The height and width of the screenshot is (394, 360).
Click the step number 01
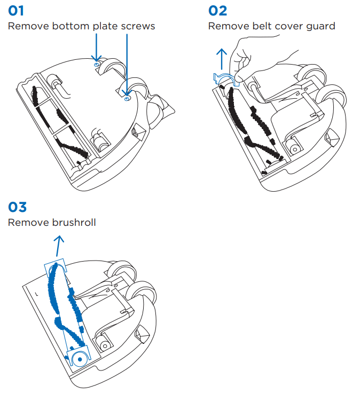pos(16,10)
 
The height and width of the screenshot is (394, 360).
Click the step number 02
pos(217,10)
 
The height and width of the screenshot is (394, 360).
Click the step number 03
pos(17,207)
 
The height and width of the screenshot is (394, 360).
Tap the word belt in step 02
pos(259,26)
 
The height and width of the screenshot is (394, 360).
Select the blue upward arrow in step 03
pos(59,247)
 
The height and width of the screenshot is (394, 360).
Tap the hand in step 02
pos(256,53)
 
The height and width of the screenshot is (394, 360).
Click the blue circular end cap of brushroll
pos(79,359)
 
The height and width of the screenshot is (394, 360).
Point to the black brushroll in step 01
pos(53,123)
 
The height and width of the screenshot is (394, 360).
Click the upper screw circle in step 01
pos(97,65)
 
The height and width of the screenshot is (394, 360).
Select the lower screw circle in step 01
pos(126,98)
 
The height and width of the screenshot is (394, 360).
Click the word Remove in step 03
pos(24,222)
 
